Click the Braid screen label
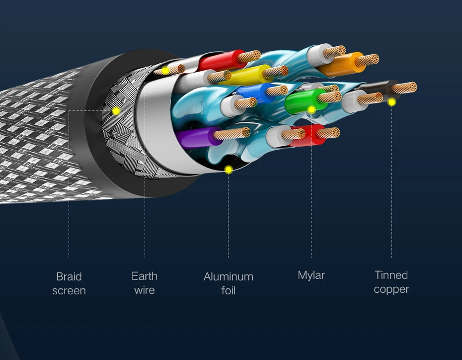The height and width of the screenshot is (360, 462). click(69, 283)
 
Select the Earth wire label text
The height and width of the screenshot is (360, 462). click(145, 283)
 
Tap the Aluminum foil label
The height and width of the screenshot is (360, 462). click(229, 283)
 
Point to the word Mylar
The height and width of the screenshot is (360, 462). click(311, 275)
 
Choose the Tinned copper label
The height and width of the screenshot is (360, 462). click(391, 282)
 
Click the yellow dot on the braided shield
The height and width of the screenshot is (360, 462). click(116, 111)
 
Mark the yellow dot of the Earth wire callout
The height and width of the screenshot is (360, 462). click(165, 71)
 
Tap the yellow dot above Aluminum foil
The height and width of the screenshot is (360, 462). click(229, 170)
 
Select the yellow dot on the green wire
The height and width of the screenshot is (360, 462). click(311, 109)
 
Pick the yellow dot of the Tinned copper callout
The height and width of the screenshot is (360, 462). click(391, 102)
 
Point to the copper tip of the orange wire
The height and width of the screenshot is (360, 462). click(368, 60)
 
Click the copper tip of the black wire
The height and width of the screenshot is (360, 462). click(405, 88)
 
